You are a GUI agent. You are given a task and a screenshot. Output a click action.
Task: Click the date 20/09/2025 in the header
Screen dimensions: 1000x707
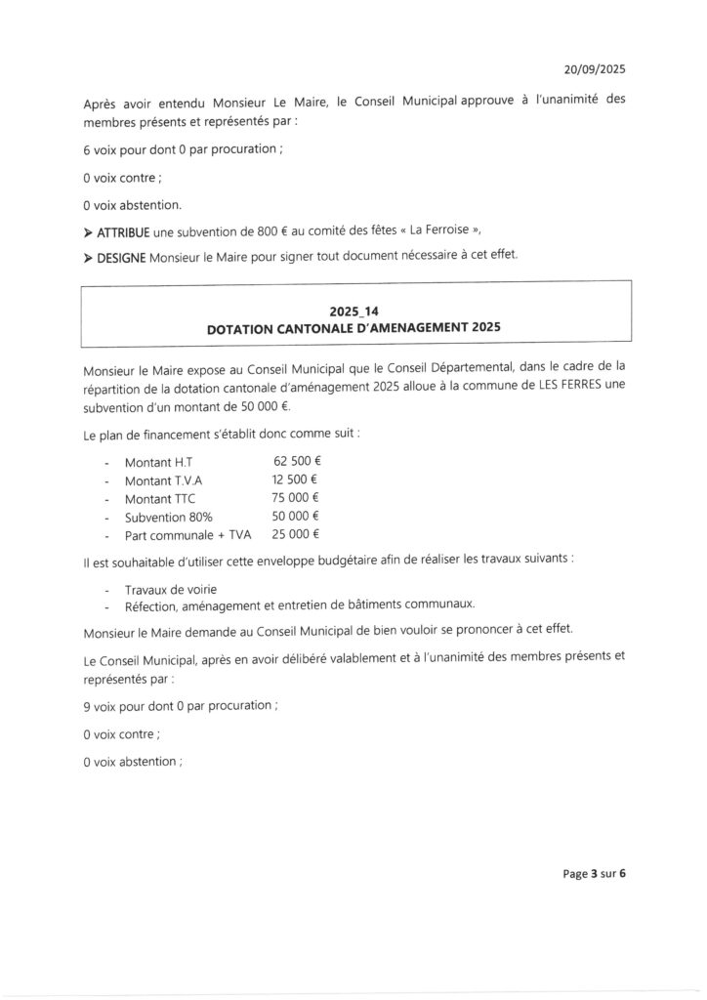(595, 69)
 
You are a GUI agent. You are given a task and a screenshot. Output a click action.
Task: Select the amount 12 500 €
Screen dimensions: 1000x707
(297, 479)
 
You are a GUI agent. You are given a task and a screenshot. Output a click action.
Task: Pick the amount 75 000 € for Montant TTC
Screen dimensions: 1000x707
(297, 498)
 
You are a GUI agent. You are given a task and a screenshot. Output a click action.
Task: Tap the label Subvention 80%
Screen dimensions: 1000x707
(168, 517)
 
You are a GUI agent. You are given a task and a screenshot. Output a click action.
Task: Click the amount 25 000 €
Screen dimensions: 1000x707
(297, 534)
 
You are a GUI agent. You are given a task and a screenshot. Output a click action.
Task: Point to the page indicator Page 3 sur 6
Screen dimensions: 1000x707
(594, 874)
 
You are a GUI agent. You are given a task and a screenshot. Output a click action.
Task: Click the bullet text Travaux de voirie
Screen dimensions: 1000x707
(171, 589)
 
